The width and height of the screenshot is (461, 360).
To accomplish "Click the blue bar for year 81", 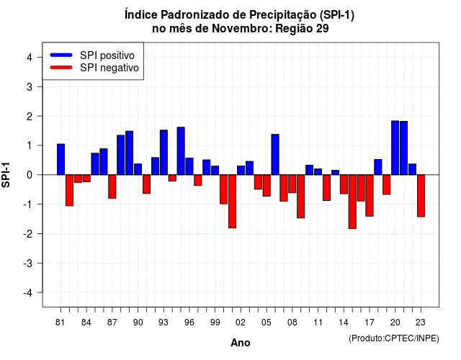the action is click(61, 159).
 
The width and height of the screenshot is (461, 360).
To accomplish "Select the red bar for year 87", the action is click(112, 186).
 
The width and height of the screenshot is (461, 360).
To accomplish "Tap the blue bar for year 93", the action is click(164, 152).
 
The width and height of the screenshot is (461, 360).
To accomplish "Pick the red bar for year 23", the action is click(421, 196).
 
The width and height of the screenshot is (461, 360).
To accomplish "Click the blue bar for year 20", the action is click(395, 148).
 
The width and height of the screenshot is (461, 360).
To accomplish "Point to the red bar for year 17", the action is click(370, 195).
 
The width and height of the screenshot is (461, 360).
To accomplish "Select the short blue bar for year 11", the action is click(318, 171).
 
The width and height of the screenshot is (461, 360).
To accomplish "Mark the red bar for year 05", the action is click(267, 186).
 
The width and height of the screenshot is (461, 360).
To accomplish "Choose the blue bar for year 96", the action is click(189, 166).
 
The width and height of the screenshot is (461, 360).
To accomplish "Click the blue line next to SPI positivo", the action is click(61, 55).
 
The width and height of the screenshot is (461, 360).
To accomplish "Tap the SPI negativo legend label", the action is click(109, 68).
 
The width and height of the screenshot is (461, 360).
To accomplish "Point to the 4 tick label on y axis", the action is click(30, 58).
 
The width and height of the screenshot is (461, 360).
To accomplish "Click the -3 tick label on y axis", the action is click(28, 263).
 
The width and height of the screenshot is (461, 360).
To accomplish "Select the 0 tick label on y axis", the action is click(30, 175).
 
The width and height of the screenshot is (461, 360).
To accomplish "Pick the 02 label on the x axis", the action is click(240, 323).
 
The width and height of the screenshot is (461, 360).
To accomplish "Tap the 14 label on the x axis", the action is click(343, 323).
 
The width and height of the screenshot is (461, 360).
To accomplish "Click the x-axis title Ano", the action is click(241, 343).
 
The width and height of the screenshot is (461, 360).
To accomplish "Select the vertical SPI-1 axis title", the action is click(6, 175).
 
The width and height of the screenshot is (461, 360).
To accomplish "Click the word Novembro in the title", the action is click(242, 29).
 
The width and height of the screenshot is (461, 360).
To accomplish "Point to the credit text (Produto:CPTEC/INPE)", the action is click(394, 338).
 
